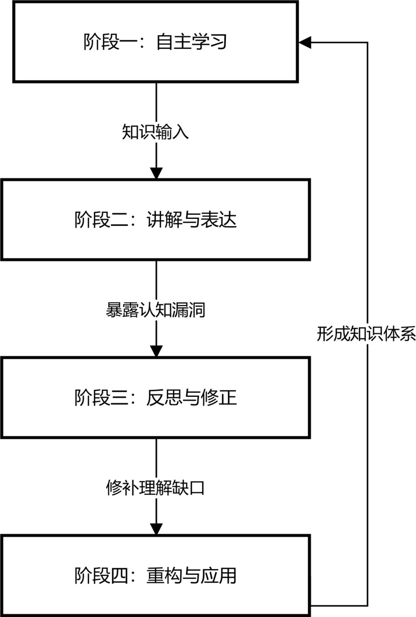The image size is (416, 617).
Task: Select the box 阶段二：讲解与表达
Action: pyautogui.click(x=156, y=219)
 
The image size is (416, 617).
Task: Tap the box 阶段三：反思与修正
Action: pyautogui.click(x=156, y=397)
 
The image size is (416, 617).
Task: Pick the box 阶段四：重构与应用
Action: pyautogui.click(x=156, y=575)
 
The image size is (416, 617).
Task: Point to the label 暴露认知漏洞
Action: pyautogui.click(x=156, y=309)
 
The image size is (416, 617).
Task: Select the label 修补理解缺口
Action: pyautogui.click(x=156, y=487)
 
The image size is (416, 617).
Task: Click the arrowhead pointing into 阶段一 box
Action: pyautogui.click(x=305, y=42)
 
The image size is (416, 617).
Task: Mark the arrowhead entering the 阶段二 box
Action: pyautogui.click(x=156, y=172)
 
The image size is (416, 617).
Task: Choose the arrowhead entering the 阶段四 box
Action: pyautogui.click(x=156, y=528)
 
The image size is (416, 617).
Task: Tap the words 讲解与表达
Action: pyautogui.click(x=192, y=220)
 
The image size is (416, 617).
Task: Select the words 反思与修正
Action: pyautogui.click(x=192, y=398)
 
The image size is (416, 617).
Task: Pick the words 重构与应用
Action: pyautogui.click(x=192, y=575)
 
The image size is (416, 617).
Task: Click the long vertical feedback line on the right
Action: pyautogui.click(x=368, y=201)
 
